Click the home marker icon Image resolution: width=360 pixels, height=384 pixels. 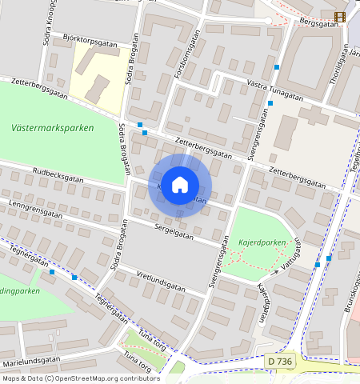(x=180, y=185)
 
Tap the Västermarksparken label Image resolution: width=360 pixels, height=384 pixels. (x=53, y=128)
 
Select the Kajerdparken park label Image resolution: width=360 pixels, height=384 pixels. (x=262, y=242)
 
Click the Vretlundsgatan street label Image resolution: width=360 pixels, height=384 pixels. (x=161, y=282)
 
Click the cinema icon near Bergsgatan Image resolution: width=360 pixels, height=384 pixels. (x=341, y=17)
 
